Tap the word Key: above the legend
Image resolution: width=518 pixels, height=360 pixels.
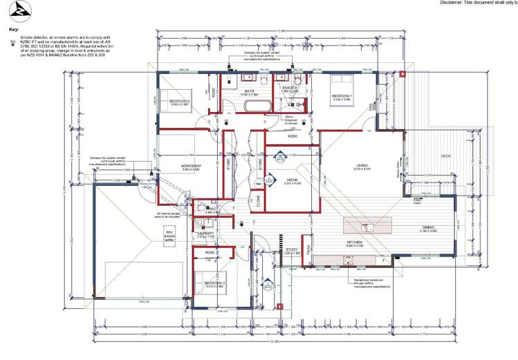click(12, 30)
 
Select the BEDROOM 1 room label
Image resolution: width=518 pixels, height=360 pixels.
click(342, 96)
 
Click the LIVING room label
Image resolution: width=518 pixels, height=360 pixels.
click(362, 166)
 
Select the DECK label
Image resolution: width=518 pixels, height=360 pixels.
click(447, 155)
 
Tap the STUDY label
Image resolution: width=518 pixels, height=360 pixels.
click(291, 250)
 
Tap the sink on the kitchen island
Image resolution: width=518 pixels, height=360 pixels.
click(364, 227)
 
